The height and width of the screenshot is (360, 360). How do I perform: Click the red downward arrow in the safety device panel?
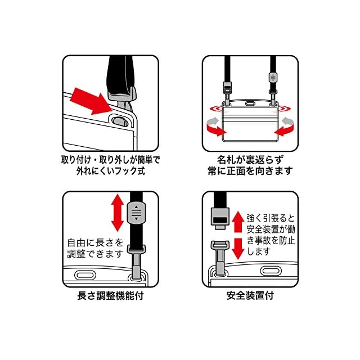coord(237,248)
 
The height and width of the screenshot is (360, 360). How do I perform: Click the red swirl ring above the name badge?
coord(250,106)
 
